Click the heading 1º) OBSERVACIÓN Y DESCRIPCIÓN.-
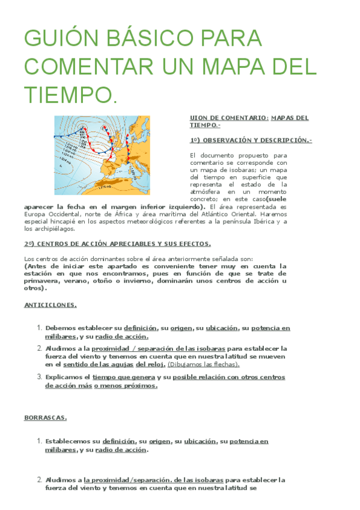pyautogui.click(x=251, y=140)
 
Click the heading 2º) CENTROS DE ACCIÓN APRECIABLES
pyautogui.click(x=117, y=244)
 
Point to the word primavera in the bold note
pyautogui.click(x=43, y=280)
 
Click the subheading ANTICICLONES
pyautogui.click(x=50, y=305)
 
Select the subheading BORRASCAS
pyautogui.click(x=45, y=417)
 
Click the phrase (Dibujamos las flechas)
pyautogui.click(x=204, y=364)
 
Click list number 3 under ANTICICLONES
pyautogui.click(x=40, y=377)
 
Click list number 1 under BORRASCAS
pyautogui.click(x=40, y=441)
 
